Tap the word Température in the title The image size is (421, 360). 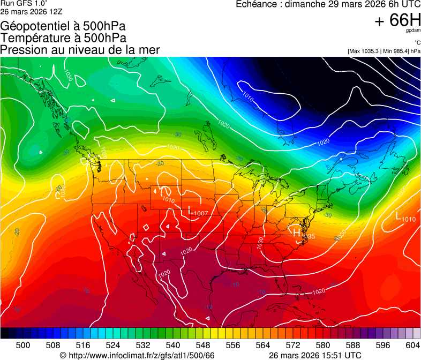tap(33, 38)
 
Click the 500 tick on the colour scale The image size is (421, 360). tap(23, 344)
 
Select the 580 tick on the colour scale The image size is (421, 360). tap(323, 344)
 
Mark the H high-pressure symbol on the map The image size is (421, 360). tap(297, 231)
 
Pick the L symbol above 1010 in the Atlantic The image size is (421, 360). tap(398, 215)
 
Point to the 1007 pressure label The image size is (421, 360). tap(200, 214)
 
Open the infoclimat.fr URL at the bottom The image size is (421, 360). tap(141, 355)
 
